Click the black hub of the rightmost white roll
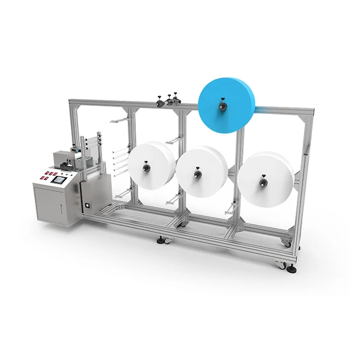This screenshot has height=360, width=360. point(262,180)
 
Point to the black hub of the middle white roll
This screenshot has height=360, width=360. point(197,175)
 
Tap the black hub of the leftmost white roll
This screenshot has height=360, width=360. point(145,171)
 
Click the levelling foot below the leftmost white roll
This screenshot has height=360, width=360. point(161,241)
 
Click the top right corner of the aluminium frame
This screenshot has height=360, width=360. point(313,111)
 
